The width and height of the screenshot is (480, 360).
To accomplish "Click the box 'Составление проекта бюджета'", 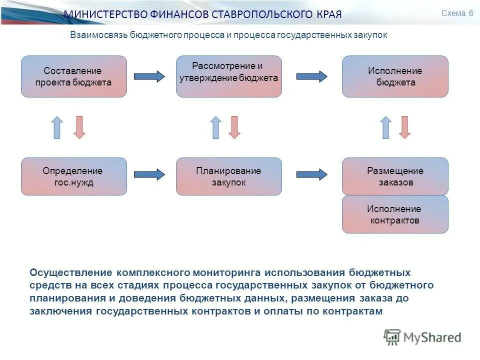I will click(x=73, y=76).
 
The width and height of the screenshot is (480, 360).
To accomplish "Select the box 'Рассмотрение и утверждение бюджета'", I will click(x=229, y=76).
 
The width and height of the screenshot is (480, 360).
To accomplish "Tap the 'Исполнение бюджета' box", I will click(x=395, y=76).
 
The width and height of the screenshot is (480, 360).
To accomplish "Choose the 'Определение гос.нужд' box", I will click(x=73, y=176).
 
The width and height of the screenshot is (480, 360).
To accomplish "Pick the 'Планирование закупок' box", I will click(x=229, y=176).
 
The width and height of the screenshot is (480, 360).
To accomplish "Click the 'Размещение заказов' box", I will click(x=395, y=176).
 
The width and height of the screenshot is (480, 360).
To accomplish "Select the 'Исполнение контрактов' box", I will click(x=395, y=214).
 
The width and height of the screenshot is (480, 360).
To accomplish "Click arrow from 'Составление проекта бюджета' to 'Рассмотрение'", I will click(x=149, y=76).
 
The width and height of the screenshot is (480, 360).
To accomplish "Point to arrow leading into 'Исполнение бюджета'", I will click(x=312, y=76).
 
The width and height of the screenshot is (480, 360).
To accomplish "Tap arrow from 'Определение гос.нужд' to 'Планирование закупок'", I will click(x=149, y=174).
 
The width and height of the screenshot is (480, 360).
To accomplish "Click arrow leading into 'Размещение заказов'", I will click(x=312, y=174).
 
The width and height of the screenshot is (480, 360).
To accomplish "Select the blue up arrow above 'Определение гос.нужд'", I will click(x=57, y=127).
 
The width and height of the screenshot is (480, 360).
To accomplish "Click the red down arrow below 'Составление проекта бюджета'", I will click(x=79, y=127).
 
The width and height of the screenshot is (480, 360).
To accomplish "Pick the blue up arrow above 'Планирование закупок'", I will click(x=215, y=127).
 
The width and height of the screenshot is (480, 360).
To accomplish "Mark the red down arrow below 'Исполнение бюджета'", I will click(x=405, y=127).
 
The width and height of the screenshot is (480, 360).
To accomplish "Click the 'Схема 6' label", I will click(x=457, y=13).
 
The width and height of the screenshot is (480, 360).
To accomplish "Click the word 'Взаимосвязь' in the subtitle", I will click(x=98, y=35).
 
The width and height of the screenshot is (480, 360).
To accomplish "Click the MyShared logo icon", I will click(x=392, y=337).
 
